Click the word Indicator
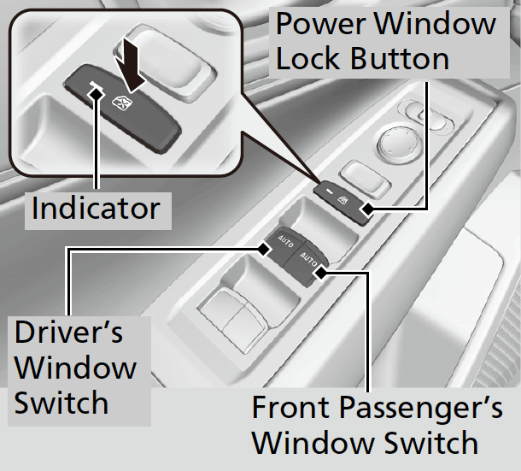click(x=95, y=208)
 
